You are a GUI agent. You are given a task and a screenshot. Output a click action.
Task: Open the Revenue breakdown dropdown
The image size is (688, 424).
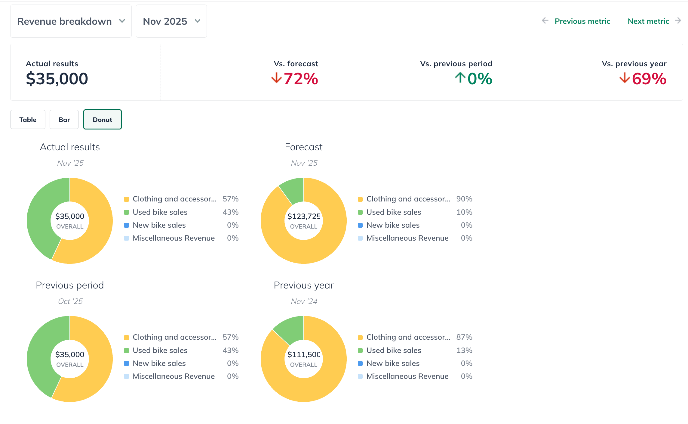coord(71,21)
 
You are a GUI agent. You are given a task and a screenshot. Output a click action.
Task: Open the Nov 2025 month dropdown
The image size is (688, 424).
coord(171,21)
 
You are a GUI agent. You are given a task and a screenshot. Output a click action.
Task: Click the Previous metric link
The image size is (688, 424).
coord(582,21)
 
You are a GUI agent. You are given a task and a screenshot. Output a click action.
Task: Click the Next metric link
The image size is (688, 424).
coord(648,21)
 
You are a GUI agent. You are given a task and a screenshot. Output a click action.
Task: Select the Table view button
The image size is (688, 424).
coord(28,120)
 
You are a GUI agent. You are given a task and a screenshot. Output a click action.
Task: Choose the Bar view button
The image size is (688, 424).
coord(64,120)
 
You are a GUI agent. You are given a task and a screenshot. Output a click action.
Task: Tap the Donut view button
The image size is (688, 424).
coord(102,120)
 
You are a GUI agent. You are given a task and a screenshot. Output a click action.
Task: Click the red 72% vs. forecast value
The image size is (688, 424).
coord(300,79)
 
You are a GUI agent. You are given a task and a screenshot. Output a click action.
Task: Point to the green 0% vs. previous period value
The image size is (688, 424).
coord(479,79)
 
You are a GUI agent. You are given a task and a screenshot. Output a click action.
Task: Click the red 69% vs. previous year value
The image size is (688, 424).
coord(649,79)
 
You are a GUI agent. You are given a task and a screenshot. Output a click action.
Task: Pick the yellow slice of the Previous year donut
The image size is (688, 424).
coord(325,379)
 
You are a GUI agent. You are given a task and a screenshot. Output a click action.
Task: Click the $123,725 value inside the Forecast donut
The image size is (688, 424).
coord(303,216)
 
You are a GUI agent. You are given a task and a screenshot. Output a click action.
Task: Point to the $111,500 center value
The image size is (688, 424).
coord(303,354)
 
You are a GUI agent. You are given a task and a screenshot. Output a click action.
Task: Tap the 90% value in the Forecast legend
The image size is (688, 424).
coord(464,199)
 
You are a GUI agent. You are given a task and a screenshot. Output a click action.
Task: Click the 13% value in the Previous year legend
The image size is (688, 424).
coord(464,350)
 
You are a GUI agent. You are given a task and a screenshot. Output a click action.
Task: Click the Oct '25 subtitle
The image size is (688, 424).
coord(70,301)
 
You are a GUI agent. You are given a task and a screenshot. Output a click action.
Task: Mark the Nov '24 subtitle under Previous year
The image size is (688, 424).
coord(304,301)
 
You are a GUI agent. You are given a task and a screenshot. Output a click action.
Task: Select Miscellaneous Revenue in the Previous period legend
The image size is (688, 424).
coord(174,376)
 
